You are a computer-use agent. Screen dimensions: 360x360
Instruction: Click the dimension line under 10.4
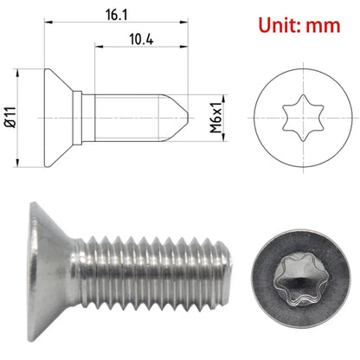pyautogui.click(x=138, y=52)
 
